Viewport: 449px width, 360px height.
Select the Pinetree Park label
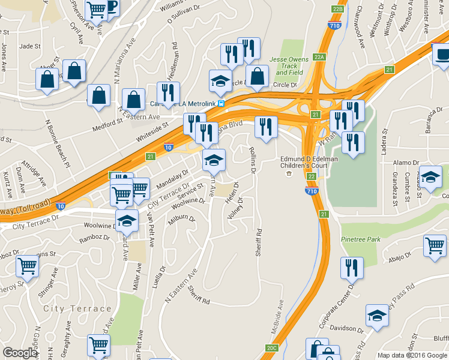tap(361, 239)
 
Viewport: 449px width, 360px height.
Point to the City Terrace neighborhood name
tap(77, 308)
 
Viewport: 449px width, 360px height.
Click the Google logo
tap(20, 353)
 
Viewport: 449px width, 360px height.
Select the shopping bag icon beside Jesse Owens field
tap(258, 76)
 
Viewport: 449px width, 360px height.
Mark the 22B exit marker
tap(337, 8)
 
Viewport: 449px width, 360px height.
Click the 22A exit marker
tap(319, 57)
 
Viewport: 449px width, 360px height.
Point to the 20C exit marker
tap(272, 347)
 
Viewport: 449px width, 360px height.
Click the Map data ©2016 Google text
tap(411, 355)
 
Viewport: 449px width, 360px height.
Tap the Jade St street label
tap(29, 46)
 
